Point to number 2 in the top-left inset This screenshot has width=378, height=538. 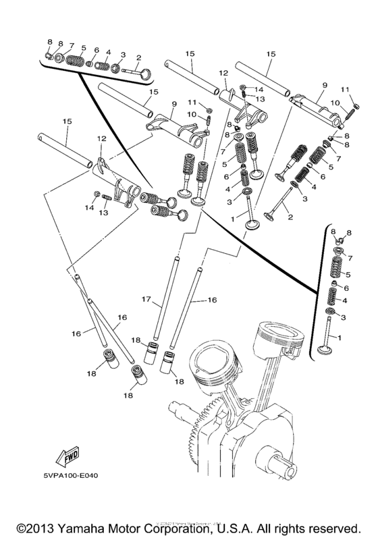(138, 57)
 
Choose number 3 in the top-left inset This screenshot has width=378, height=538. (123, 54)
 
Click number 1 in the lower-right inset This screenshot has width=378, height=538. (339, 338)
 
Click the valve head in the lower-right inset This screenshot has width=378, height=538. (329, 350)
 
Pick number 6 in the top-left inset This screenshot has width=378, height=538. (97, 50)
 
